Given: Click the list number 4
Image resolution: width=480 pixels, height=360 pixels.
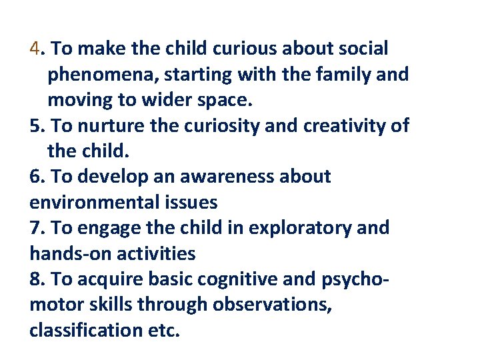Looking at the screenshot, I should (x=35, y=49).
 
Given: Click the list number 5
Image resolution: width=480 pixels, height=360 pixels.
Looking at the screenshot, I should (x=35, y=126).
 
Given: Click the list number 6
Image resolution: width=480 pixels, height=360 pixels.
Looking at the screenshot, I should (x=35, y=177).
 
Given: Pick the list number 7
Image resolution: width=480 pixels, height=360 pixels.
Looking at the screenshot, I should (x=35, y=228).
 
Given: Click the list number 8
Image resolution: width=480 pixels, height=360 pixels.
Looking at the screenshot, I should (x=35, y=279).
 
